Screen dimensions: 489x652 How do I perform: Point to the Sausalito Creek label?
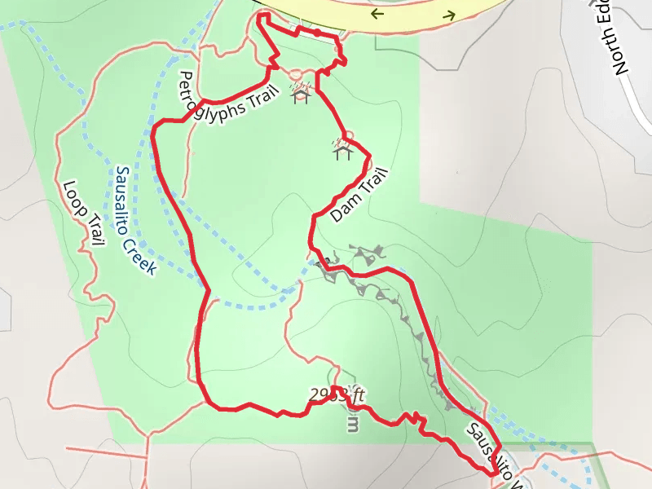pos(134,220)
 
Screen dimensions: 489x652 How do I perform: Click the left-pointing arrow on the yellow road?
pos(376,14)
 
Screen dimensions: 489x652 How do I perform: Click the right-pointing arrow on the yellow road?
pos(448,15)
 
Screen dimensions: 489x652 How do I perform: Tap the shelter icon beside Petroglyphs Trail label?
pos(301,96)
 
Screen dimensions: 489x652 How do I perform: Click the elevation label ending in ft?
pos(337,396)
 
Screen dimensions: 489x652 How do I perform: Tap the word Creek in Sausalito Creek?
pos(139,249)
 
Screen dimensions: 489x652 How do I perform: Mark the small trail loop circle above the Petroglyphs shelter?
pos(296,74)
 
